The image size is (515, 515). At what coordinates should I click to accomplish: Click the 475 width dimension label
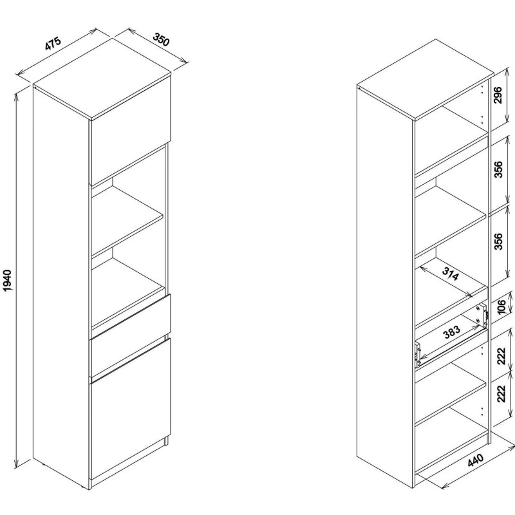(x=53, y=44)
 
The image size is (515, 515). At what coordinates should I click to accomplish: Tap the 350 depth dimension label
(x=162, y=40)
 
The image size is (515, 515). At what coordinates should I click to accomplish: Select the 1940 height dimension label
(x=7, y=281)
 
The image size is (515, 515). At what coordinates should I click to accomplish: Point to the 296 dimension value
(x=498, y=95)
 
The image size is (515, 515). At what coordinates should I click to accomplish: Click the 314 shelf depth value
(x=450, y=274)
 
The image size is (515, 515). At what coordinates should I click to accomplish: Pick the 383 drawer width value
(x=452, y=332)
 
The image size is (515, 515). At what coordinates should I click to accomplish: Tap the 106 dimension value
(x=501, y=307)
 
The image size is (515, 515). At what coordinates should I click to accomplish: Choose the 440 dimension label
(x=475, y=460)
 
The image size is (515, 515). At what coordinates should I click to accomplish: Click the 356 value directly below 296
(x=498, y=169)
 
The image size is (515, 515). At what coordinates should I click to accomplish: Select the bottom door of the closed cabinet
(x=130, y=414)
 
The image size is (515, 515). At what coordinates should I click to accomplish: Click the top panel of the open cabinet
(x=426, y=79)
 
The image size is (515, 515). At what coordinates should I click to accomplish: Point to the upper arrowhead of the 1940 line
(x=15, y=96)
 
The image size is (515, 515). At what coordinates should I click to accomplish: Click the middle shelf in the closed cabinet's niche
(x=127, y=220)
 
